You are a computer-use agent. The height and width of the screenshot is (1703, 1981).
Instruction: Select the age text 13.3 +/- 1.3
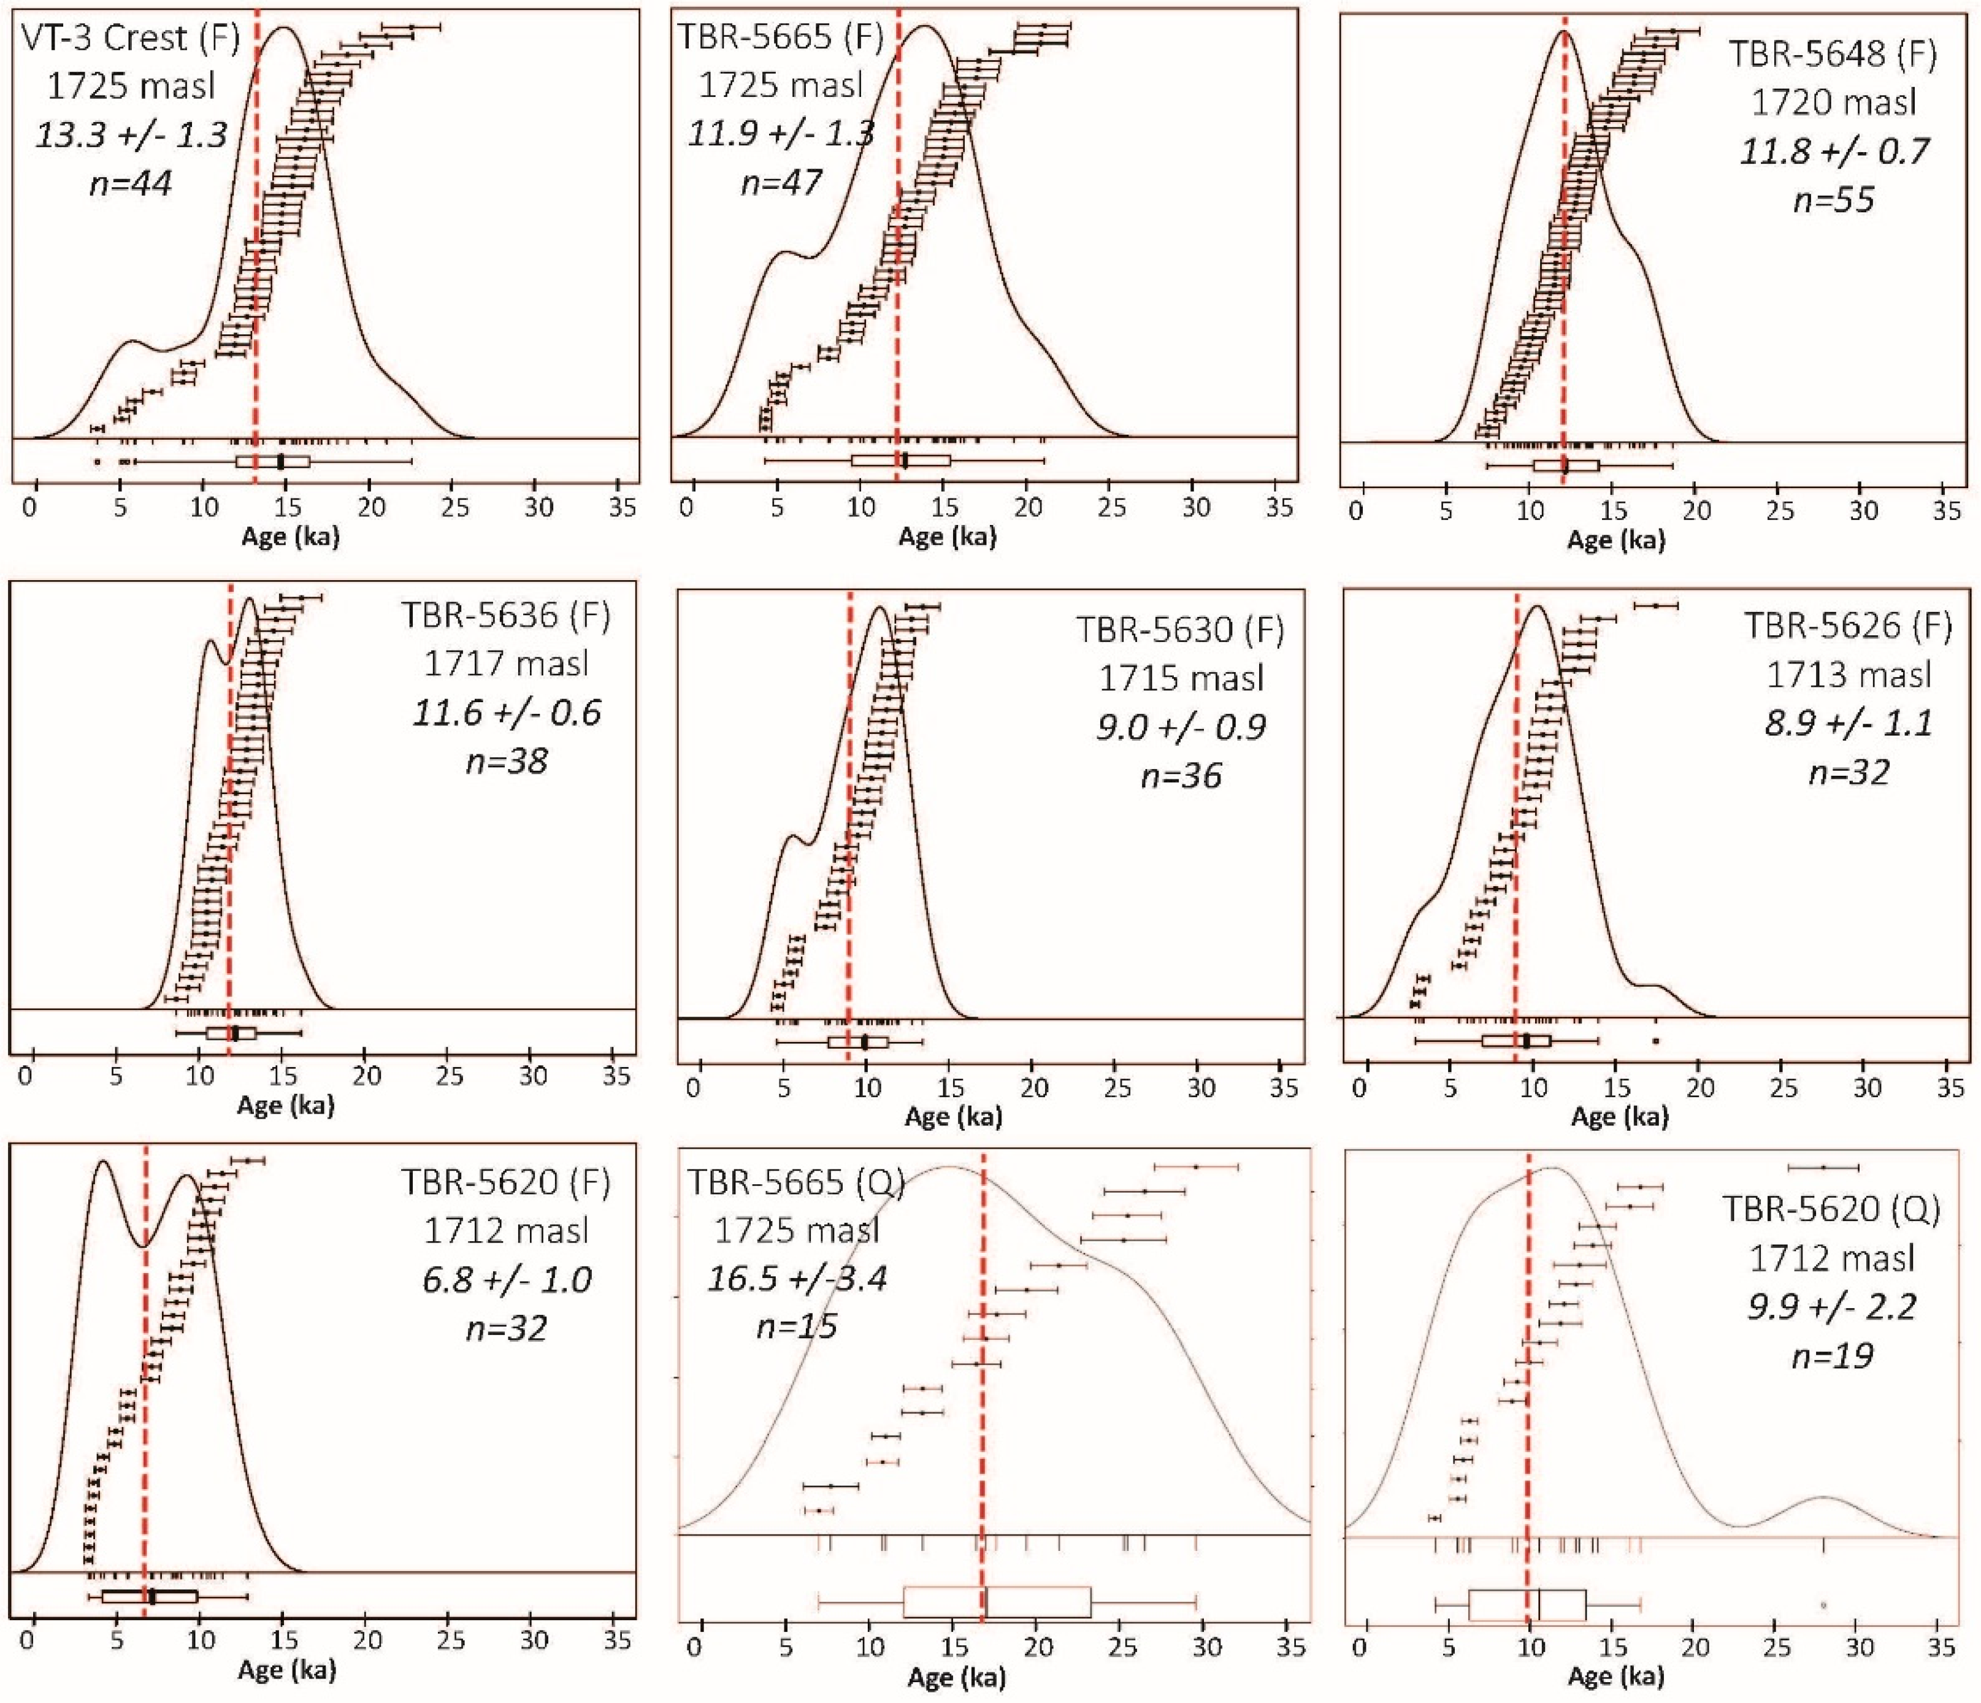(132, 135)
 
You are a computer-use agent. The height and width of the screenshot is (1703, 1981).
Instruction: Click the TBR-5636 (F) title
(506, 616)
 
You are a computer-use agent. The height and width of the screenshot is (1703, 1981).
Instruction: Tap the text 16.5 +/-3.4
(797, 1277)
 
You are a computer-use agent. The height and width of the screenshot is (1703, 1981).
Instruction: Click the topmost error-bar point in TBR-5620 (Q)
(1823, 1166)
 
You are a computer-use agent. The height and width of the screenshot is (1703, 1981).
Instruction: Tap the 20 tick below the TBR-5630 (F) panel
(1033, 1088)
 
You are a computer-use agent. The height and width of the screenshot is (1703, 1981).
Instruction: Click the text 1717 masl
(506, 664)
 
